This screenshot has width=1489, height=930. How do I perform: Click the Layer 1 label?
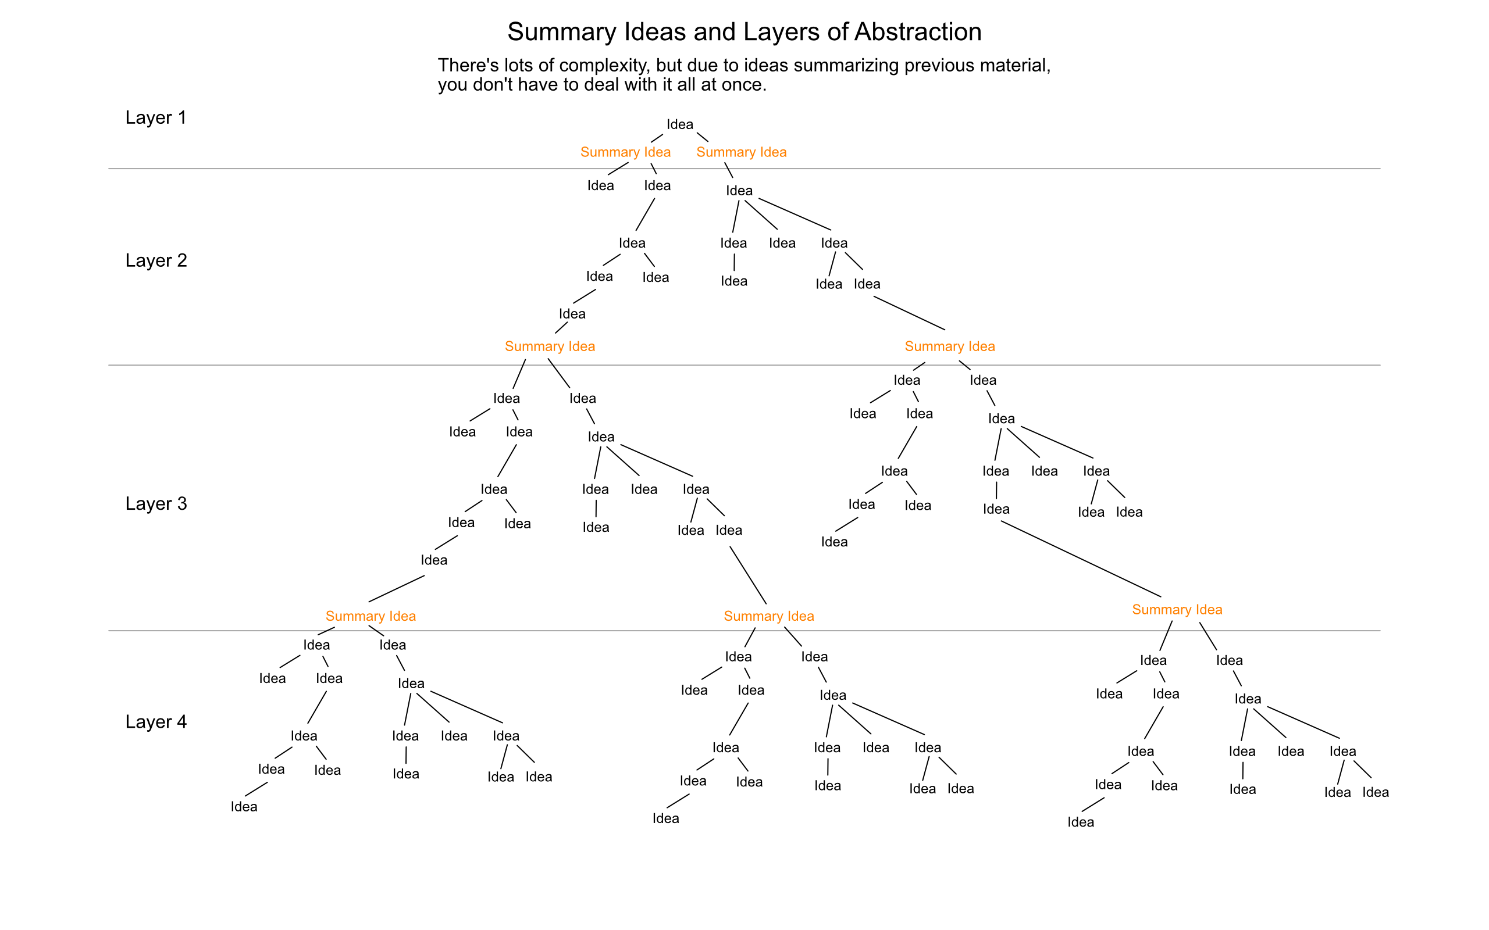point(156,117)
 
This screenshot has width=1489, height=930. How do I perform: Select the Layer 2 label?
point(156,261)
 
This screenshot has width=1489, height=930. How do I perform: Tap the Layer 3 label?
point(156,504)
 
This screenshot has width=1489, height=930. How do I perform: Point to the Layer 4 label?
point(156,721)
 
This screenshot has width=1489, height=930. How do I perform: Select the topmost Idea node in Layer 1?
point(680,124)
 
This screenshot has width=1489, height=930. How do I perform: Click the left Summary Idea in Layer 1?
point(625,152)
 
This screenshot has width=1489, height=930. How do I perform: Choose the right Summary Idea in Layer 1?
point(742,152)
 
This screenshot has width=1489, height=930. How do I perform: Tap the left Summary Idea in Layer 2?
point(550,346)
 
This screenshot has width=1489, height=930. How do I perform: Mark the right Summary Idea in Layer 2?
point(949,346)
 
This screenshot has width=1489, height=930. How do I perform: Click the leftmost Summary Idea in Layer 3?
point(371,616)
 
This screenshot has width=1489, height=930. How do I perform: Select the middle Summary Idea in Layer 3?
point(768,616)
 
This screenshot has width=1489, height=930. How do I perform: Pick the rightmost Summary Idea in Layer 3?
point(1177,610)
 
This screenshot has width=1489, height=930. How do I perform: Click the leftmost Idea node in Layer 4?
point(244,807)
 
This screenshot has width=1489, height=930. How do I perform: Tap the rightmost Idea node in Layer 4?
point(1375,792)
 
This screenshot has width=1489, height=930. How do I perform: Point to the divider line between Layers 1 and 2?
point(744,169)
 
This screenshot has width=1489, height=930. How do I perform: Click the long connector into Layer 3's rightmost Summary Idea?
point(1081,559)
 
